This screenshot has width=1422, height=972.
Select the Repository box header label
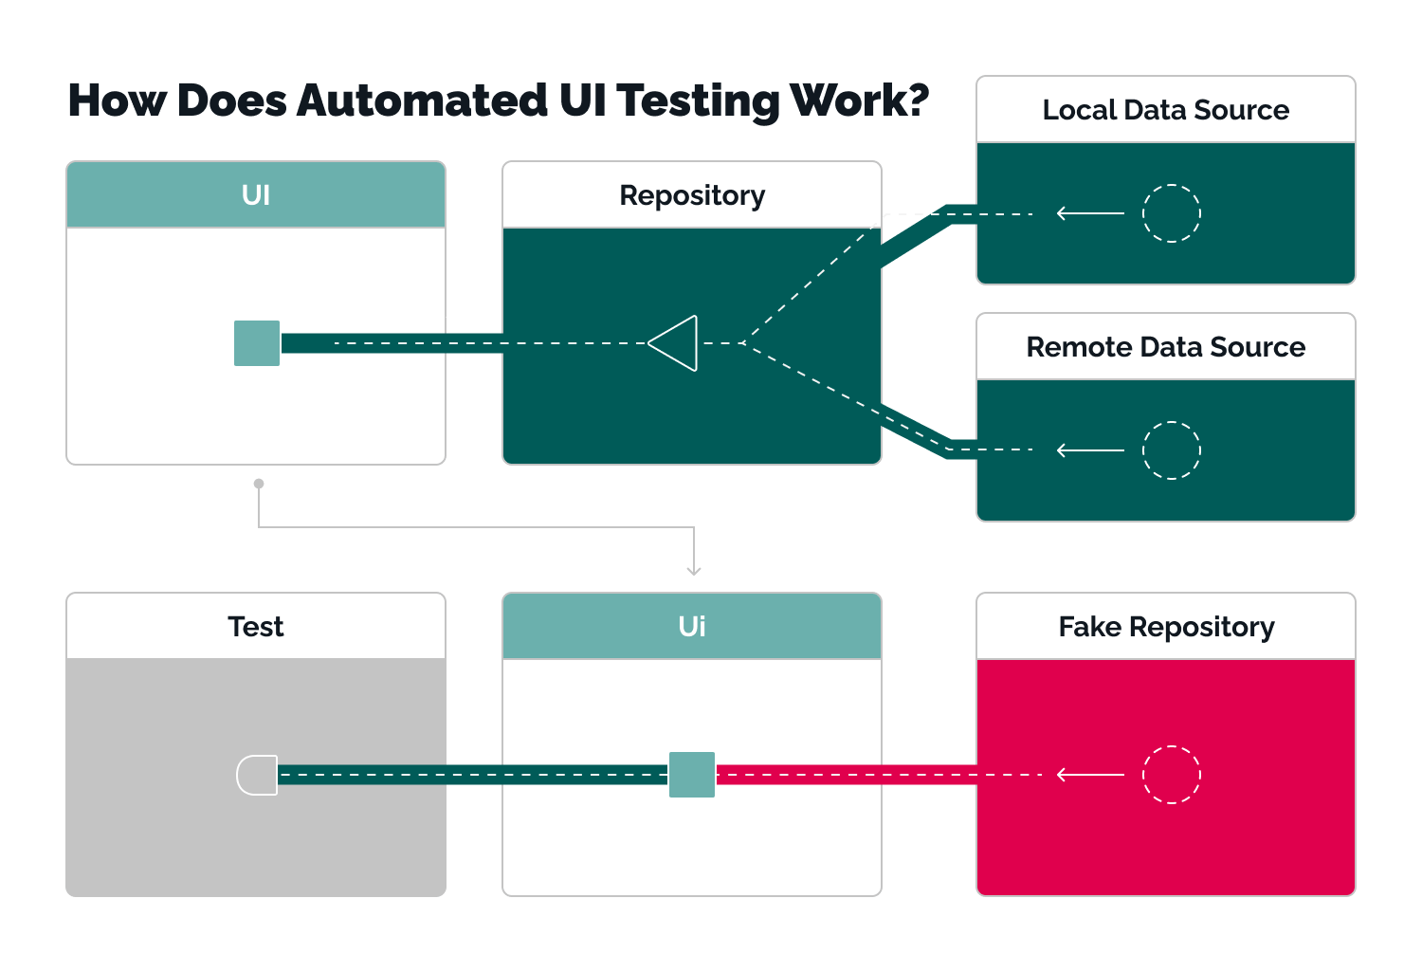click(x=692, y=195)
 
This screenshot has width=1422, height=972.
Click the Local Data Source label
click(x=1165, y=110)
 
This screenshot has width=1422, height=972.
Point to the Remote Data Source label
click(x=1165, y=347)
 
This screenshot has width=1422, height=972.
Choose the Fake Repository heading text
click(x=1165, y=627)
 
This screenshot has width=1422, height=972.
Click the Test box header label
click(x=255, y=627)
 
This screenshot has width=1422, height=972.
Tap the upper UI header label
click(x=255, y=195)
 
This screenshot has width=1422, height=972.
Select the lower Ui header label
click(x=692, y=627)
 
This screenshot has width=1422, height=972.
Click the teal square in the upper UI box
click(x=257, y=343)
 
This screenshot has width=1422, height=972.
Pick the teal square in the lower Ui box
click(x=692, y=775)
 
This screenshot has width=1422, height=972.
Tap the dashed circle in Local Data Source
click(x=1172, y=213)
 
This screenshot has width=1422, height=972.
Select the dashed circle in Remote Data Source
click(x=1172, y=450)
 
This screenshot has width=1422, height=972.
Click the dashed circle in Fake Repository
click(x=1172, y=775)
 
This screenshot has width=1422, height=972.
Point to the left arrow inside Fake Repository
click(x=1089, y=775)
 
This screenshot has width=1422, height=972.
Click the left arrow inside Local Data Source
click(x=1089, y=213)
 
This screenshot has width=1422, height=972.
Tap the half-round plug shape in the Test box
click(x=257, y=775)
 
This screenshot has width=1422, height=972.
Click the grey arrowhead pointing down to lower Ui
click(x=694, y=570)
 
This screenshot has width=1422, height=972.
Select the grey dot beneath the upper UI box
click(x=259, y=484)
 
